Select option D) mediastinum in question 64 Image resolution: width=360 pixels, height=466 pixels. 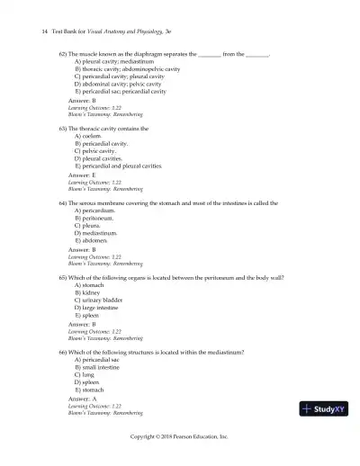[100, 233]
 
